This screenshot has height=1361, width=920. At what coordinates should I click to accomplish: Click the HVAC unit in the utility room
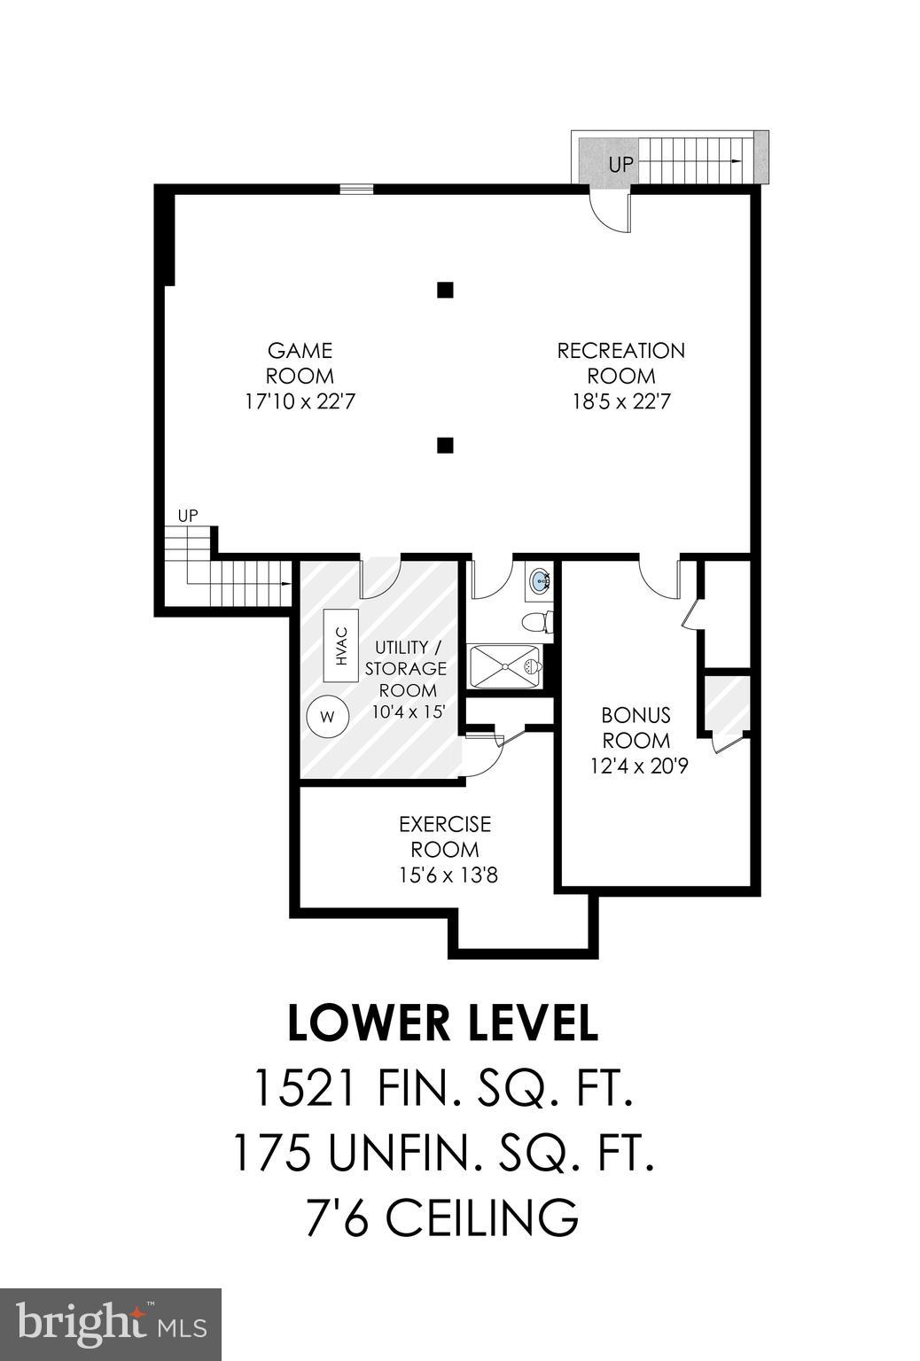(x=341, y=645)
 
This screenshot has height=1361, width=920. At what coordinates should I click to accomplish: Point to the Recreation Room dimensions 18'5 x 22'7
(x=620, y=401)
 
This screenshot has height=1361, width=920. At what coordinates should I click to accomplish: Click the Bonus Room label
(x=635, y=727)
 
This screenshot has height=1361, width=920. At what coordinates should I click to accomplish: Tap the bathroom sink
(x=539, y=581)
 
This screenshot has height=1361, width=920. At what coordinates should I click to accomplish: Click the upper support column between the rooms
(x=446, y=289)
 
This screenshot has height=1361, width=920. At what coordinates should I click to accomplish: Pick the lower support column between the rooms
(x=446, y=445)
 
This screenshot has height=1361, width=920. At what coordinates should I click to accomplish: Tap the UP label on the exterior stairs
(x=620, y=164)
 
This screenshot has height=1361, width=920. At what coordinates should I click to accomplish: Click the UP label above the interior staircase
(x=187, y=515)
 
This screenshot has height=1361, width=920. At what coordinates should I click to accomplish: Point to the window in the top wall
(x=356, y=188)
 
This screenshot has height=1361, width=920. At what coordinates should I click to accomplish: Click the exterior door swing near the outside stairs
(x=610, y=213)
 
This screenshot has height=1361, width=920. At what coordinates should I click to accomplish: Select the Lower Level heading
(x=443, y=1023)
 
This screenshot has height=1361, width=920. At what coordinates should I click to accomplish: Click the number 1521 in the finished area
(x=304, y=1088)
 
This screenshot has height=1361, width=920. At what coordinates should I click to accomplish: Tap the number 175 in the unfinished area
(x=271, y=1153)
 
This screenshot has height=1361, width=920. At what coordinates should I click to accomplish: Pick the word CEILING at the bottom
(x=483, y=1217)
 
